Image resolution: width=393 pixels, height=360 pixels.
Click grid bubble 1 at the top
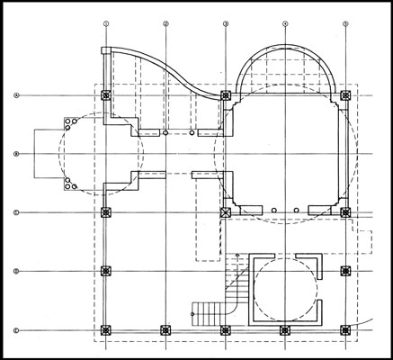click(x=106, y=23)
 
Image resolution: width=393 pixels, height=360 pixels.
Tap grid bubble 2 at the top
click(x=165, y=23)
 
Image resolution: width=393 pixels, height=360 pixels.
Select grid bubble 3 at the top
click(x=225, y=23)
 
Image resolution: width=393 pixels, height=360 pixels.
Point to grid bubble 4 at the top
click(x=285, y=23)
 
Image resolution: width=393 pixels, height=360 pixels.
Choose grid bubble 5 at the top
click(x=346, y=23)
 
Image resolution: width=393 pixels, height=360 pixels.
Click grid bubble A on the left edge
click(x=16, y=94)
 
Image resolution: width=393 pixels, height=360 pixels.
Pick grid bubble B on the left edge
click(x=16, y=155)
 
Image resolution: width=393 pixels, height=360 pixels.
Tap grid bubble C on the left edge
click(x=16, y=212)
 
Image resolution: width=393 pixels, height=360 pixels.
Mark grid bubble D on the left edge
click(x=16, y=271)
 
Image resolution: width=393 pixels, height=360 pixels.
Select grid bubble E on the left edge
click(x=16, y=330)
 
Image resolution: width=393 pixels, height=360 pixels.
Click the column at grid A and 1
click(x=106, y=94)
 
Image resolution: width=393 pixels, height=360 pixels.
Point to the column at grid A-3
click(x=225, y=94)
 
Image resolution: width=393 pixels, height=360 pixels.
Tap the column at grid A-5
click(x=346, y=94)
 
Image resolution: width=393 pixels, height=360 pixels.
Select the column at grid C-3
click(x=225, y=212)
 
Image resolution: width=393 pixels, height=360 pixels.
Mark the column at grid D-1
click(x=106, y=271)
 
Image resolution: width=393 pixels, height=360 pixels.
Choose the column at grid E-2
click(x=165, y=330)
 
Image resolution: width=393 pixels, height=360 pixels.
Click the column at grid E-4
click(x=285, y=330)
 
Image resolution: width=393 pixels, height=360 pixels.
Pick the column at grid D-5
click(x=346, y=271)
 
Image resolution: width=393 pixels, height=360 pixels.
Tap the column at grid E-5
click(x=346, y=330)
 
